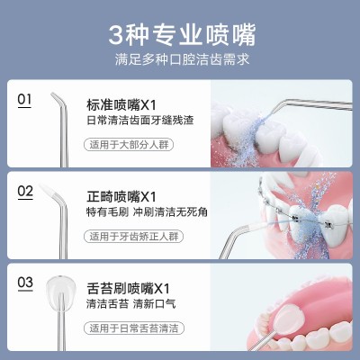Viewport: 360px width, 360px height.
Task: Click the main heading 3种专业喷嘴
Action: pos(182,35)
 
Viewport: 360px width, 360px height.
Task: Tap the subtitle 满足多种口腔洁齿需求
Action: pos(182,59)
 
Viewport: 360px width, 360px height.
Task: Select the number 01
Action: pos(24,99)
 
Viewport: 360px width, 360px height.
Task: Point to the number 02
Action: pos(25,191)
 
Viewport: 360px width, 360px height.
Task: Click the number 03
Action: pos(25,283)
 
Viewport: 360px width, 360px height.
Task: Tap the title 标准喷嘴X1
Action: pos(121,105)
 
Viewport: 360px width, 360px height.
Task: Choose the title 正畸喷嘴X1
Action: pos(121,197)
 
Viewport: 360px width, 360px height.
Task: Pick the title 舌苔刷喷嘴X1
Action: pos(128,288)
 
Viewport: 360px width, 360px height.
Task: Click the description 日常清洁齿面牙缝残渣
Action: pos(140,121)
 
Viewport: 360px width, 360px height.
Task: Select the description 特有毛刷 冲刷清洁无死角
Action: pos(147,212)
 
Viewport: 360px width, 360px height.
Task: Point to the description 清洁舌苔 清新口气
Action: pos(130,303)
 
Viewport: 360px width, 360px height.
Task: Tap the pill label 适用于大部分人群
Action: pos(129,145)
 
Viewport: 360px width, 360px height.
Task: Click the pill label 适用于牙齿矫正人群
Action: pos(133,237)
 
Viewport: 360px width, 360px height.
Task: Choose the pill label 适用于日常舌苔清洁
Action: pos(134,328)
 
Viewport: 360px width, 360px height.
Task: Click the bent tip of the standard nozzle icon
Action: pos(56,98)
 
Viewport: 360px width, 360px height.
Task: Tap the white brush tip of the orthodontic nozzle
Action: pos(47,189)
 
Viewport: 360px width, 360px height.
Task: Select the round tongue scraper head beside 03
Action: pos(61,290)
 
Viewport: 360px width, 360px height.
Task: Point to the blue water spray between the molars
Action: pos(246,138)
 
